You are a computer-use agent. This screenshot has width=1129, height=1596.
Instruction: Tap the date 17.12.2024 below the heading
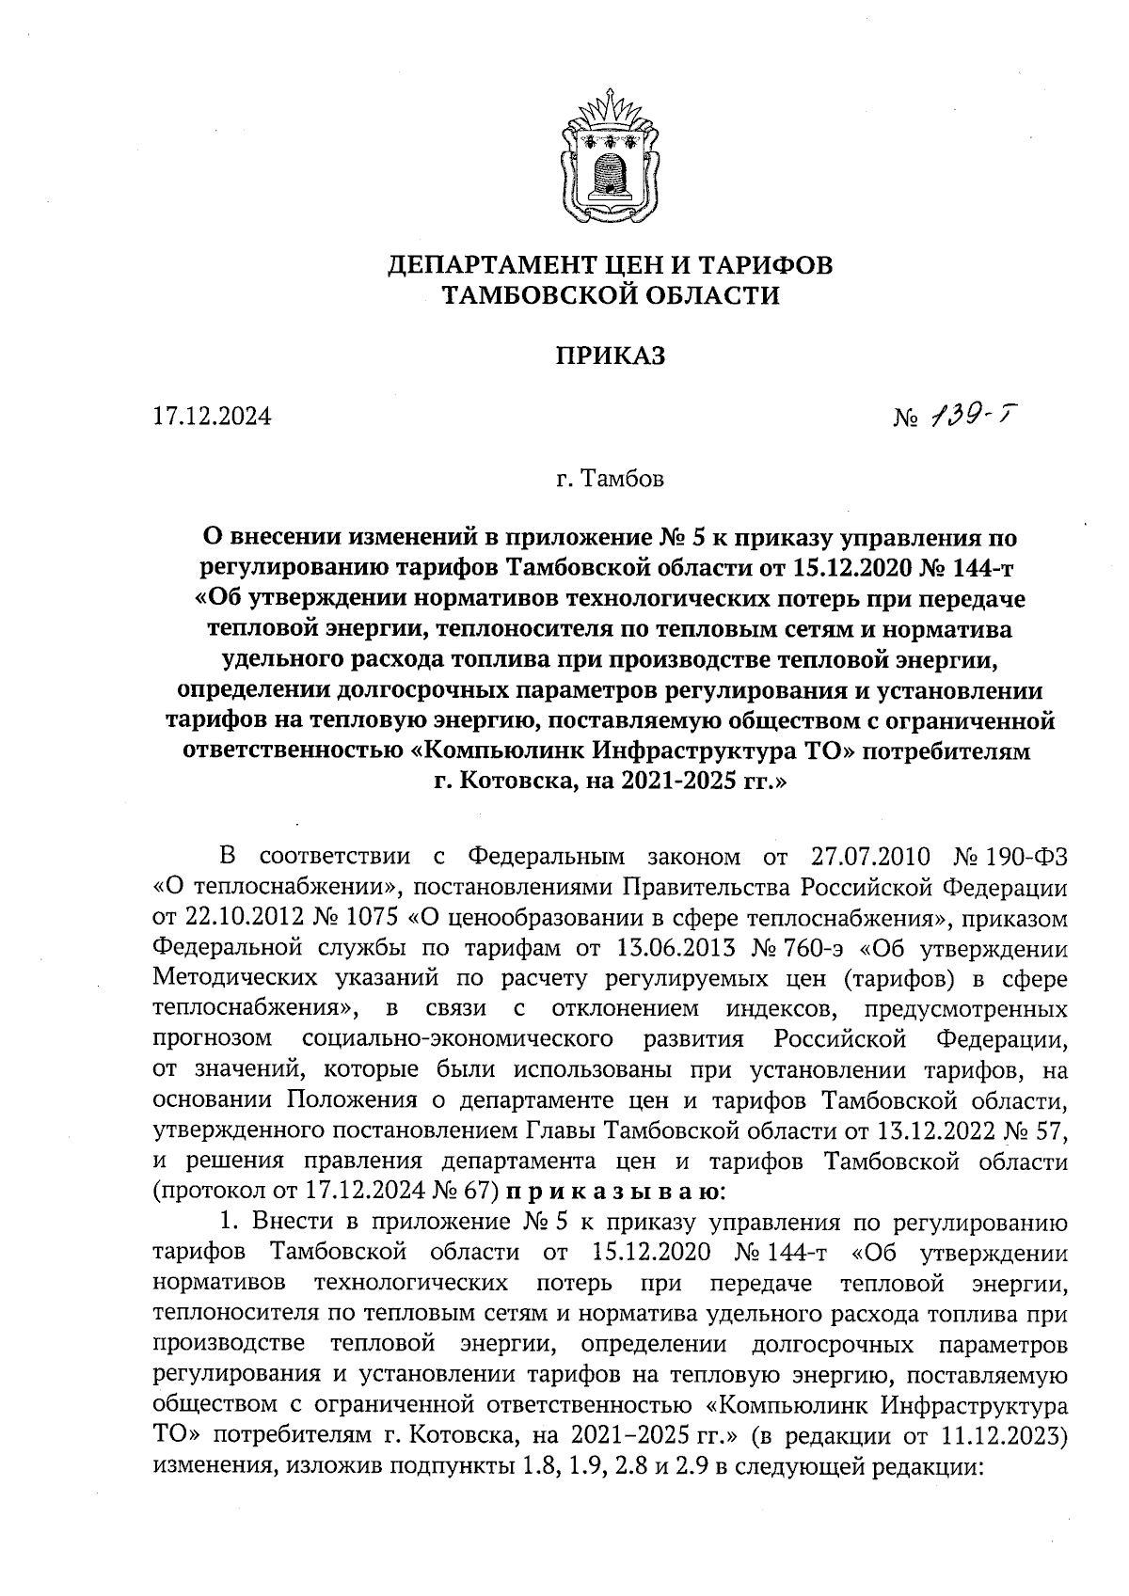[212, 416]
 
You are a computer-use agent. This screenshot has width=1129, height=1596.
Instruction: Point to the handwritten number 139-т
[972, 413]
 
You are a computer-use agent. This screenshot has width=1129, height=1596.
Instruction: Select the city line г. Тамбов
[610, 480]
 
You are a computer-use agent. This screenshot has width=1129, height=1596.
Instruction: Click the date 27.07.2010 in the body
[869, 857]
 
